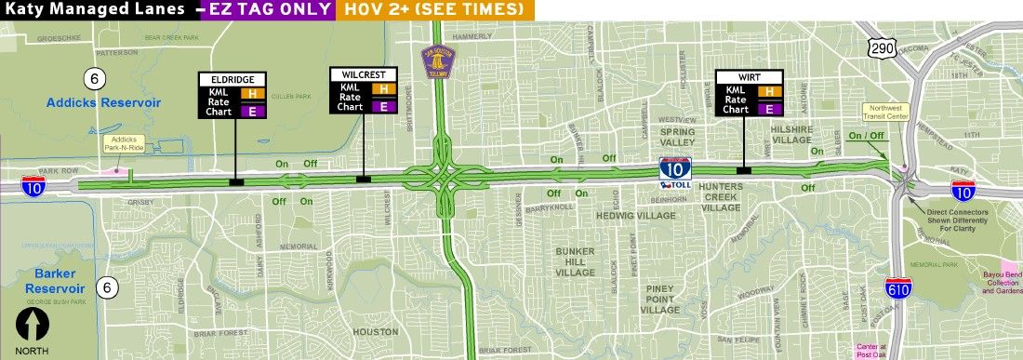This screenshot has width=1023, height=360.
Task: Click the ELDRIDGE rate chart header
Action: coord(232,79)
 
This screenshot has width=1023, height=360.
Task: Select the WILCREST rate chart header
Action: coord(364,73)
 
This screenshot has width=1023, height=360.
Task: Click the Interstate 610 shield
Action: coord(897,289)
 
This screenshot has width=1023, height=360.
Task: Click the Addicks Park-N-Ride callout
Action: coord(121,141)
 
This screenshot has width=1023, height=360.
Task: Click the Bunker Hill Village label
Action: coord(581,261)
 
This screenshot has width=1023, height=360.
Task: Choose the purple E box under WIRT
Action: coord(770,109)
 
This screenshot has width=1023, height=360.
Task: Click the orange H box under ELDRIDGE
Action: coord(249,93)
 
